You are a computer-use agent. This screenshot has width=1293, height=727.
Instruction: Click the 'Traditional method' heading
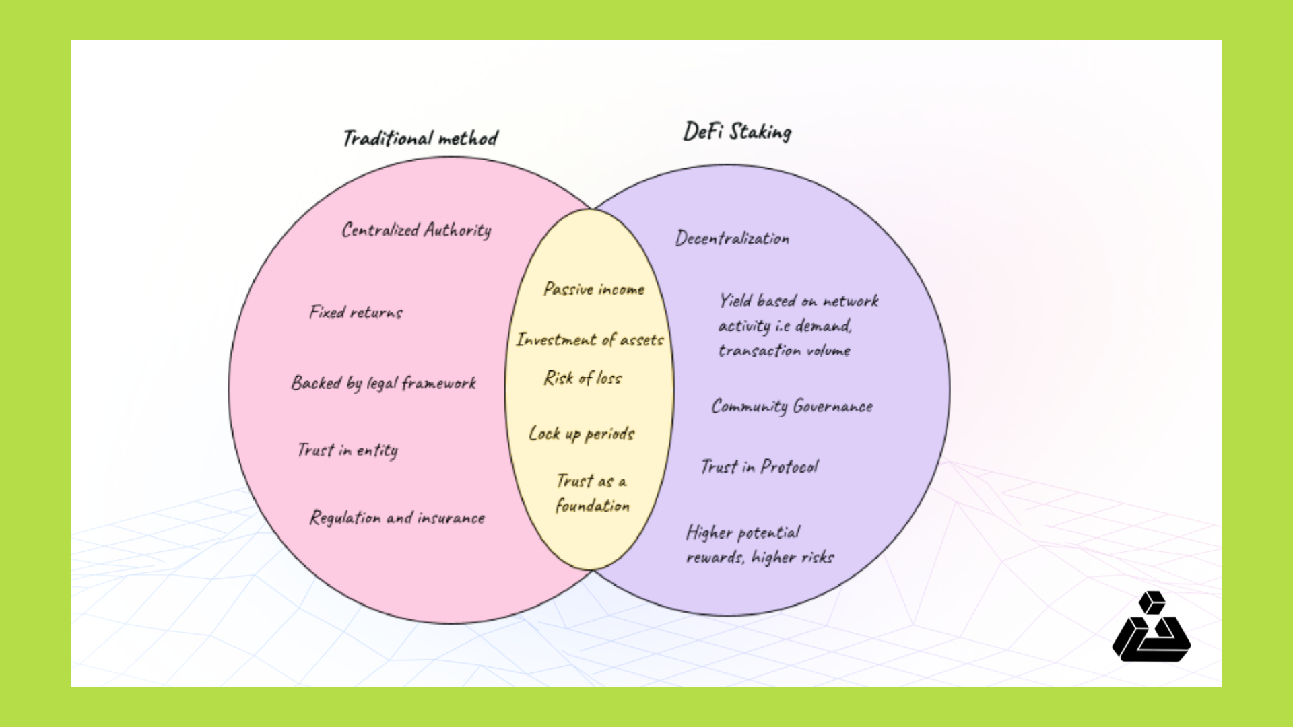tap(420, 138)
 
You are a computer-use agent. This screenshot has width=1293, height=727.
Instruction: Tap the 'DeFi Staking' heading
tap(737, 132)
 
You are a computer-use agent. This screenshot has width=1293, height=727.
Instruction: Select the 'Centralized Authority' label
tap(416, 230)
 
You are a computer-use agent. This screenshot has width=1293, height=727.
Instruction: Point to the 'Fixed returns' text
tap(356, 312)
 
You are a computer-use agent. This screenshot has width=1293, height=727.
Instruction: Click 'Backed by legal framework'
tap(383, 383)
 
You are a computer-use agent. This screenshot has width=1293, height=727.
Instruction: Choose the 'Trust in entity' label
tap(347, 450)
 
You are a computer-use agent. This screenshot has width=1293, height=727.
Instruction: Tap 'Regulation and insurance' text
tap(397, 518)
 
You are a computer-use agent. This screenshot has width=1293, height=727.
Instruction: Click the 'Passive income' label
tap(594, 289)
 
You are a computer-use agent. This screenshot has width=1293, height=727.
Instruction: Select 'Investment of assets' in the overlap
tap(590, 340)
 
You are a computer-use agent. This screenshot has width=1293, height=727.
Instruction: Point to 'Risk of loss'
tap(583, 378)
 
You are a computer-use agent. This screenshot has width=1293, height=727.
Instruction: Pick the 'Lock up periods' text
tap(581, 434)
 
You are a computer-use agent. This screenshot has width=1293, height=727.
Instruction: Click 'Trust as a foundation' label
tap(592, 493)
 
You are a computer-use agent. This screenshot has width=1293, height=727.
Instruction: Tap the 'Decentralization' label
tap(732, 238)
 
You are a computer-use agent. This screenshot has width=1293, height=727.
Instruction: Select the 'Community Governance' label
tap(792, 407)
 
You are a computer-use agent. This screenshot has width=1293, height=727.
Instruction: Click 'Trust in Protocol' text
tap(760, 466)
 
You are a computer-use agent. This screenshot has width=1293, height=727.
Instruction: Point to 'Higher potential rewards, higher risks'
tap(760, 545)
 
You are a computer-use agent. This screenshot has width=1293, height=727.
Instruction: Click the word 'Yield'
tap(735, 301)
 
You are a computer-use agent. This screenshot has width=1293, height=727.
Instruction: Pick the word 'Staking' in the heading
tap(760, 132)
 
